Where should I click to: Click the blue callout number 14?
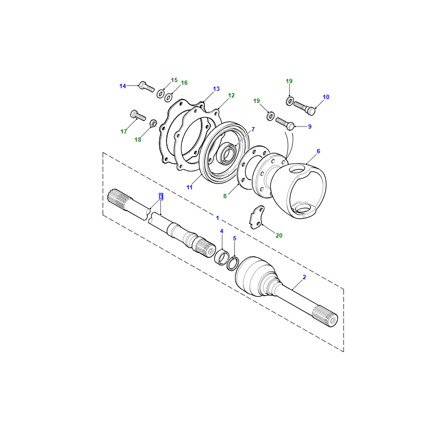123,86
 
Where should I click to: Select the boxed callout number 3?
161,197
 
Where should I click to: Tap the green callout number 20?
279,235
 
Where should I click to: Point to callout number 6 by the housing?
318,151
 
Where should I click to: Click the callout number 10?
326,97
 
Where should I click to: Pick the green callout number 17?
124,131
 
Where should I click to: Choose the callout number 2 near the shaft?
304,277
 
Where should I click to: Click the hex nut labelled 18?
153,123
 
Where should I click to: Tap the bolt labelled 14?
146,87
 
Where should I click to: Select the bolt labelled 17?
138,115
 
